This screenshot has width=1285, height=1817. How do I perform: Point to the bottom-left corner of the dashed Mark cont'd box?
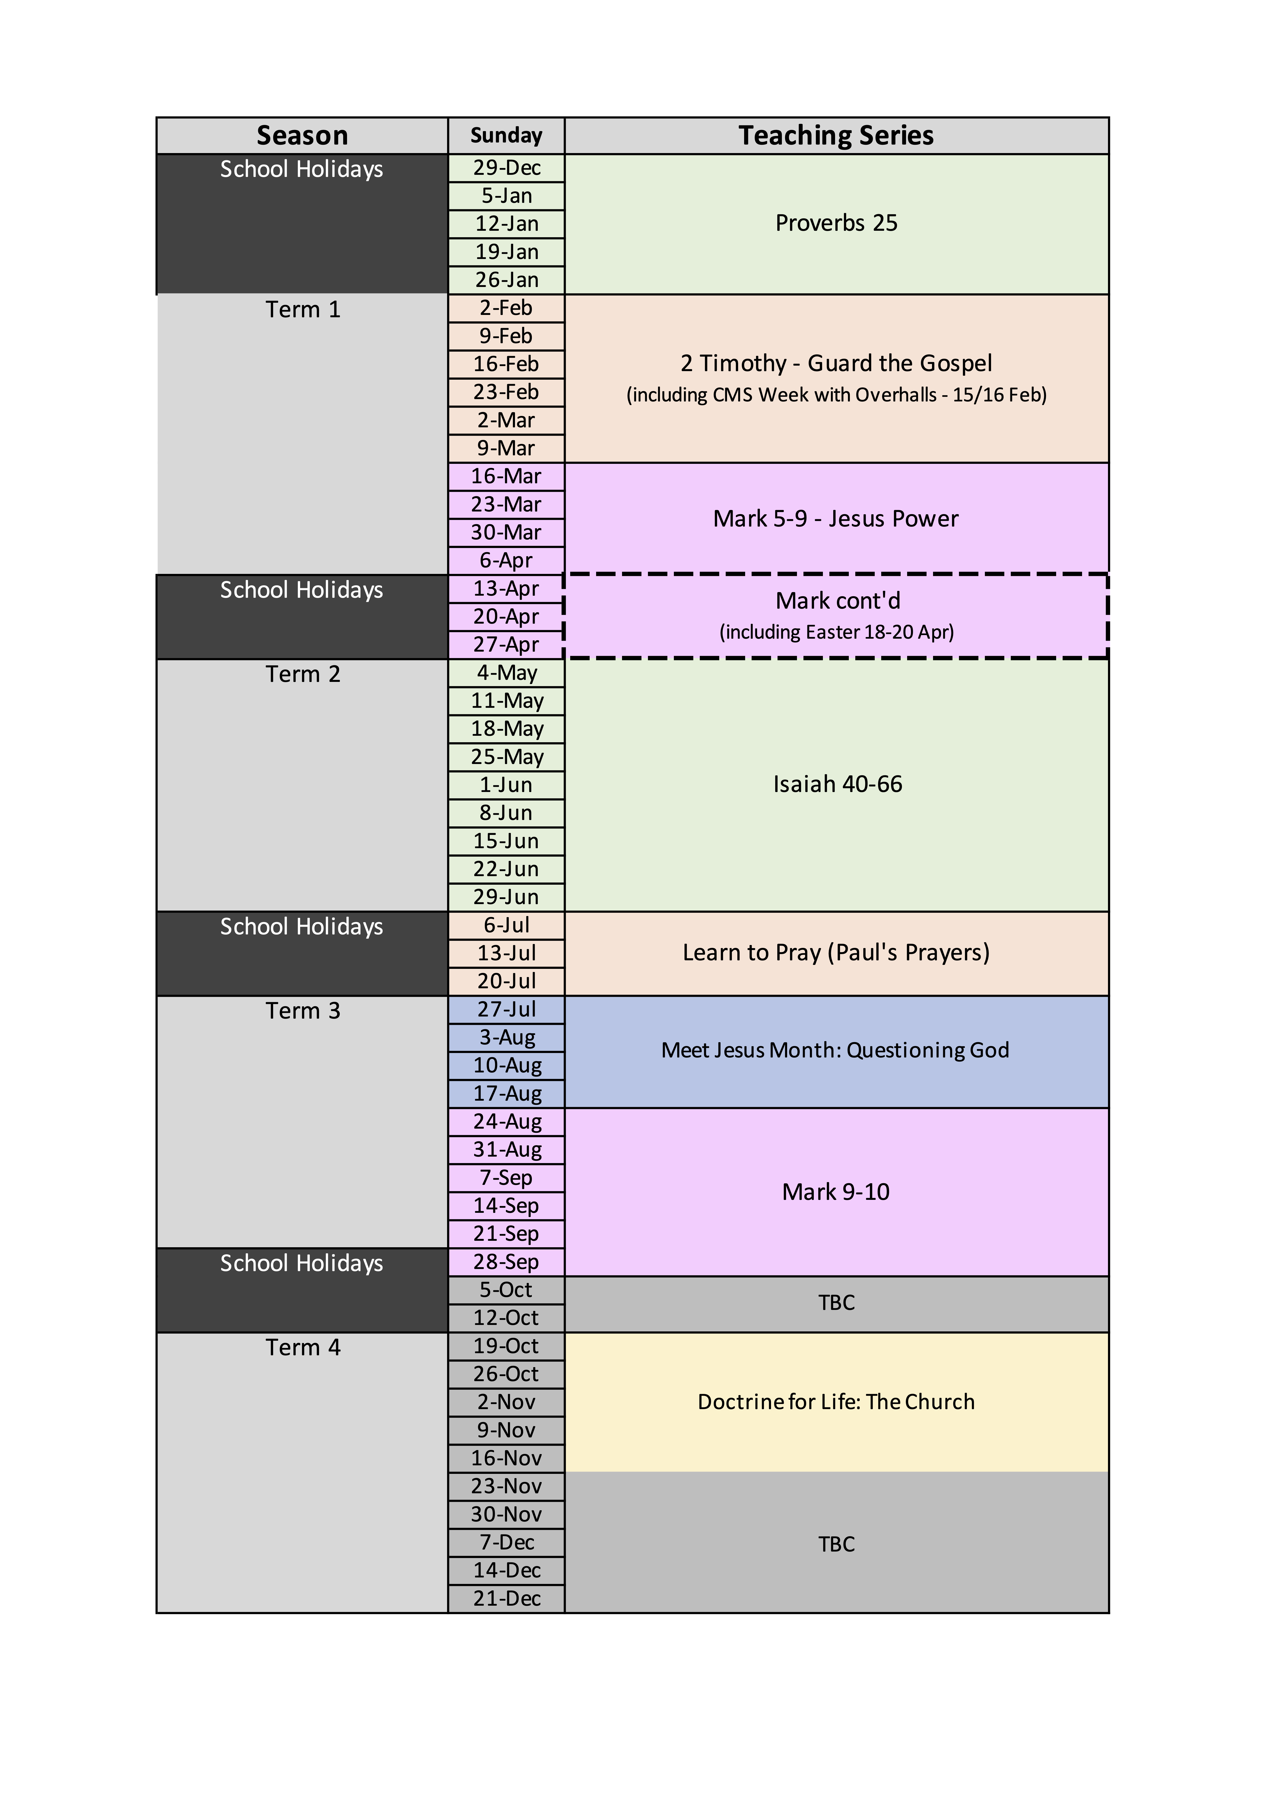pyautogui.click(x=564, y=658)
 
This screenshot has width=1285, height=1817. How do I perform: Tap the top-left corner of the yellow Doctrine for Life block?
pyautogui.click(x=565, y=1333)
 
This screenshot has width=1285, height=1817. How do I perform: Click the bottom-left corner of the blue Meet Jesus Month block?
pyautogui.click(x=565, y=1108)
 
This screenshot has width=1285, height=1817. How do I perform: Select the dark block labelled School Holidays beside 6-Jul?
pyautogui.click(x=302, y=954)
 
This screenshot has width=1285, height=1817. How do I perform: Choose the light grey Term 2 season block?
pyautogui.click(x=302, y=785)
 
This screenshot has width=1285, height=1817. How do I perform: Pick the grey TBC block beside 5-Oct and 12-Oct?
pyautogui.click(x=837, y=1304)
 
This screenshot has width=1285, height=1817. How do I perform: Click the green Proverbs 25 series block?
pyautogui.click(x=837, y=224)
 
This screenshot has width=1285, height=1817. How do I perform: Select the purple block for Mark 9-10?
pyautogui.click(x=837, y=1192)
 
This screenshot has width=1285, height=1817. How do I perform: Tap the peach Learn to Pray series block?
pyautogui.click(x=837, y=954)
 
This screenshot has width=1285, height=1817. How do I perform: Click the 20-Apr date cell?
pyautogui.click(x=507, y=616)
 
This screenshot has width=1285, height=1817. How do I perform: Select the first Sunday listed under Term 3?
pyautogui.click(x=507, y=1010)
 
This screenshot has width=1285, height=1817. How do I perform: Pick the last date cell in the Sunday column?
pyautogui.click(x=507, y=1599)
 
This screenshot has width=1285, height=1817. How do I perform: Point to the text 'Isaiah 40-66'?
pyautogui.click(x=838, y=784)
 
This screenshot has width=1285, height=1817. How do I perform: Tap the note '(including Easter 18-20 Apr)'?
pyautogui.click(x=837, y=632)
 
